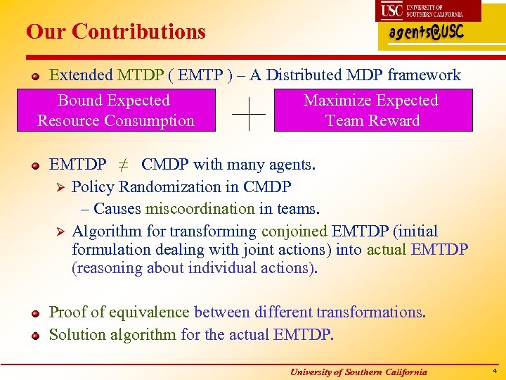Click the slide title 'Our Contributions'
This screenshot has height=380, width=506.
click(x=116, y=32)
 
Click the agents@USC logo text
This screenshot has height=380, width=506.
click(x=426, y=34)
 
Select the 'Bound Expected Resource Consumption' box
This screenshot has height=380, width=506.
click(x=115, y=110)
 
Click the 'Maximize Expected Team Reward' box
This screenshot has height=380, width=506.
click(x=372, y=110)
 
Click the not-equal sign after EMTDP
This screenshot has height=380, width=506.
click(x=123, y=165)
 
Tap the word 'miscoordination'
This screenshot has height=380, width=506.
click(x=200, y=209)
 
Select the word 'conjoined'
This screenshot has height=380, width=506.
click(x=294, y=232)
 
